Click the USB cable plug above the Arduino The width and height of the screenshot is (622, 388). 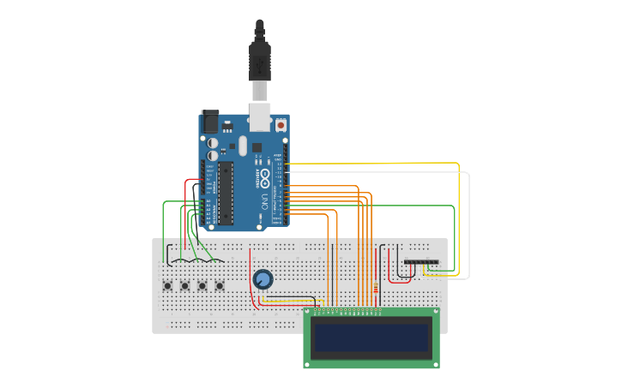(259, 60)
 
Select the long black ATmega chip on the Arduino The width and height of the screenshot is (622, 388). (225, 193)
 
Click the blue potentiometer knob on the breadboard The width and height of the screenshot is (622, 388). (263, 279)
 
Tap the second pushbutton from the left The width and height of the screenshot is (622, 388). (185, 285)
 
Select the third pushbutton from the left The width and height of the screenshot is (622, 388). (202, 285)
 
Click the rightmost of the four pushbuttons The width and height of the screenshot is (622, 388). (220, 285)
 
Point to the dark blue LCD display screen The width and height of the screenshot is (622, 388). (371, 339)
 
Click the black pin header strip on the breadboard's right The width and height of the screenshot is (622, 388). (420, 261)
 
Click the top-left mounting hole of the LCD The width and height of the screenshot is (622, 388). (308, 313)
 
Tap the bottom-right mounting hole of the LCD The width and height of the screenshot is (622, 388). (435, 364)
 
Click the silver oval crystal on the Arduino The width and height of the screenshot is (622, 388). (243, 146)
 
